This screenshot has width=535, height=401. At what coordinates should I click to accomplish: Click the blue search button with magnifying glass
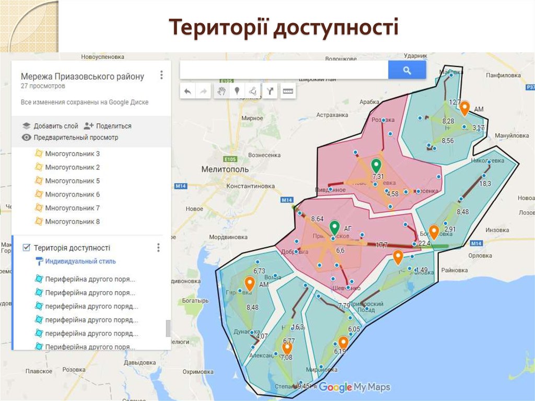click(x=407, y=70)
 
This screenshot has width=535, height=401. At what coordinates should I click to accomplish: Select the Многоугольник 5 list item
click(x=72, y=181)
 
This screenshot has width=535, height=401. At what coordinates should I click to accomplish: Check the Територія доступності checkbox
click(x=27, y=248)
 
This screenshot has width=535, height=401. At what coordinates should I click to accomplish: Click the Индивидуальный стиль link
click(x=80, y=261)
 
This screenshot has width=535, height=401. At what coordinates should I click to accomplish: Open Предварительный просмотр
click(x=76, y=138)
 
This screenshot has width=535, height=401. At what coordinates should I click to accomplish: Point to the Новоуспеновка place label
click(x=102, y=56)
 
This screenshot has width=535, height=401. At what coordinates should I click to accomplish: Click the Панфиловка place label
click(x=503, y=75)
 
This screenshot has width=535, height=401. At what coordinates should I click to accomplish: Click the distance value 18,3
click(x=485, y=184)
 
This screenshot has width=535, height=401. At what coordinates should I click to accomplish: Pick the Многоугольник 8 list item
click(x=72, y=222)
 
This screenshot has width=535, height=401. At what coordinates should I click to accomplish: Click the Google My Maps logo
click(x=355, y=387)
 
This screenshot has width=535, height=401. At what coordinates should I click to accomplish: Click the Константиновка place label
click(x=250, y=186)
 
